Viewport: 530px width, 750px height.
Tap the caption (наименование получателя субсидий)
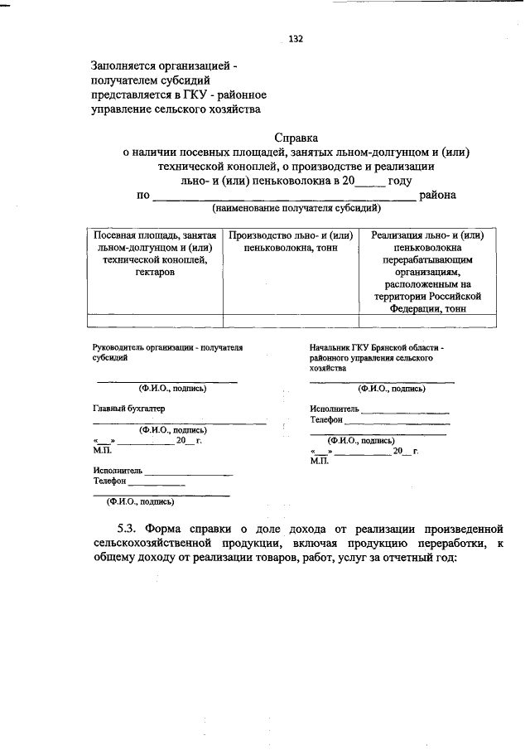pos(296,208)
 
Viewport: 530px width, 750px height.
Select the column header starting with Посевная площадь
pos(155,254)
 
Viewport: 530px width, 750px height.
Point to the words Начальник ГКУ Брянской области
pos(377,348)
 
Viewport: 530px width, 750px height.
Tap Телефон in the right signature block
pos(326,420)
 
